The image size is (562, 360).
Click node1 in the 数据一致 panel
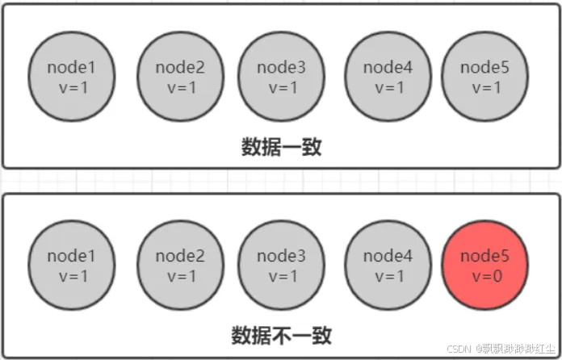[72, 77]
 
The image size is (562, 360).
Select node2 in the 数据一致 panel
[178, 77]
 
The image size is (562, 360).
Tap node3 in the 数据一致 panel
[281, 77]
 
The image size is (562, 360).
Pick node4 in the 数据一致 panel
[388, 77]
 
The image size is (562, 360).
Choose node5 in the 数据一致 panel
[485, 77]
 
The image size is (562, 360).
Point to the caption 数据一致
[282, 147]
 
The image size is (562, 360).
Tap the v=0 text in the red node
[485, 276]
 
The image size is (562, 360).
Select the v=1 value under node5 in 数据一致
[485, 87]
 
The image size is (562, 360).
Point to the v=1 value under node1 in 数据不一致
[72, 276]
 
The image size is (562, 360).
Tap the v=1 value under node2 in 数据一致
[178, 87]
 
